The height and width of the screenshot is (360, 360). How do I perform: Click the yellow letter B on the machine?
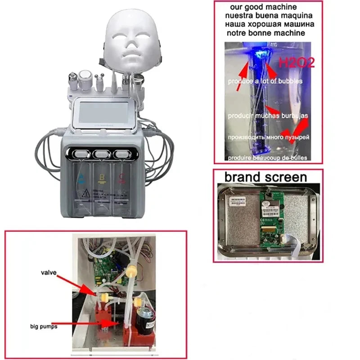(101, 177)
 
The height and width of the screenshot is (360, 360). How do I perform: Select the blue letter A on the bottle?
(81, 176)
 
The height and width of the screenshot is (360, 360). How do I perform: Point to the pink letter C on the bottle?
(121, 176)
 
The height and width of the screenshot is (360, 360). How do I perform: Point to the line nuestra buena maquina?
(269, 15)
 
